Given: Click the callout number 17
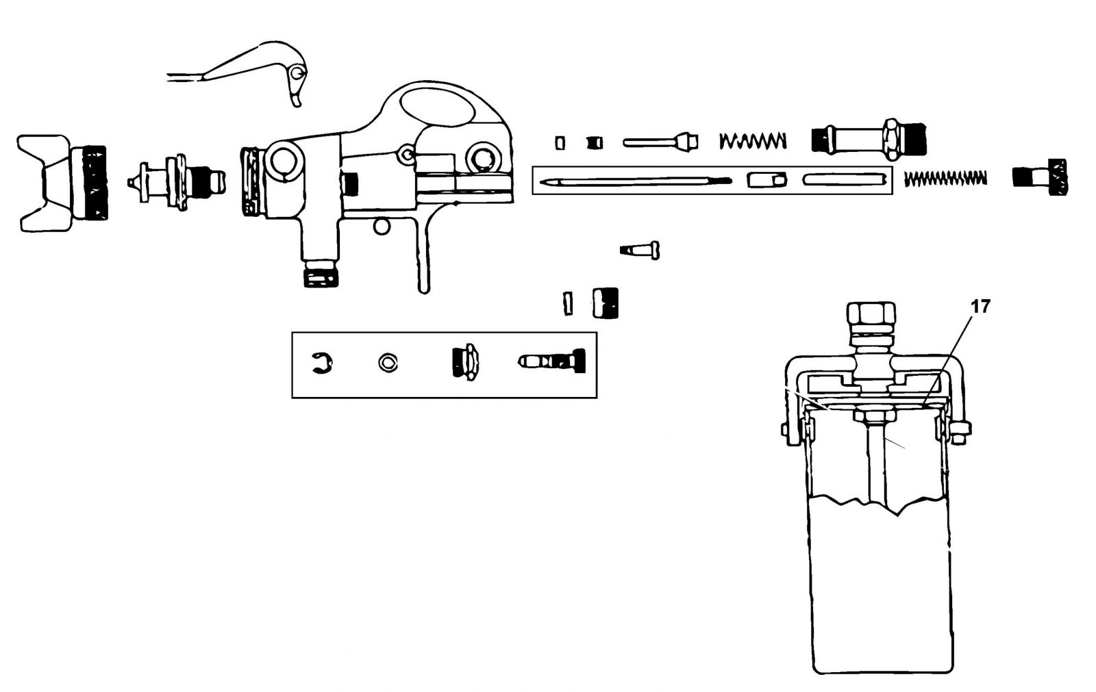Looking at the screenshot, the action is (x=980, y=307).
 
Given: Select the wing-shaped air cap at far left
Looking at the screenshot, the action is (x=62, y=183).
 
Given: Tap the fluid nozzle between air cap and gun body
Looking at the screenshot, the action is (x=176, y=182).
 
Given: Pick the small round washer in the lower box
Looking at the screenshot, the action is (x=388, y=363).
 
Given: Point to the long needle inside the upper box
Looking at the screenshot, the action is (x=636, y=181).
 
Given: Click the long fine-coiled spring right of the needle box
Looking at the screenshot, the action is (x=945, y=178).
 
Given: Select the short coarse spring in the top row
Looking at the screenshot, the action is (x=753, y=141).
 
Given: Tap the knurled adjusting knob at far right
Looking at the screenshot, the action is (x=1041, y=177).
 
